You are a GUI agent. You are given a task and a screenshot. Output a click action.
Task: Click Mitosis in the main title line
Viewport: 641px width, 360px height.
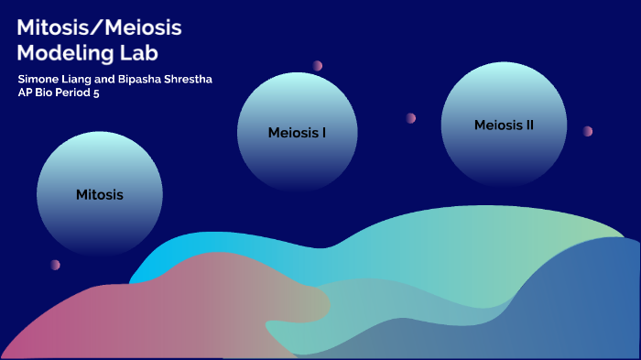57,27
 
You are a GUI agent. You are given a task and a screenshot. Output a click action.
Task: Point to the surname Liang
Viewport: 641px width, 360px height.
81,80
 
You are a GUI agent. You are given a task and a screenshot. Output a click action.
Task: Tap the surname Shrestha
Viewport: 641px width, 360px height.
190,80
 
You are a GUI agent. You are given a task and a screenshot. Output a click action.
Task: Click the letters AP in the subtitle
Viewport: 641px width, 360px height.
25,93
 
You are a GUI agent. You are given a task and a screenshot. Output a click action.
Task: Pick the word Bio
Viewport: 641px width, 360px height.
45,93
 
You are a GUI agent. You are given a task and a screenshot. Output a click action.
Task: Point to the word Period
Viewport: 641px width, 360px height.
74,93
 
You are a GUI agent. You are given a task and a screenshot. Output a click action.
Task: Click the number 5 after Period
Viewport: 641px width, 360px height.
96,93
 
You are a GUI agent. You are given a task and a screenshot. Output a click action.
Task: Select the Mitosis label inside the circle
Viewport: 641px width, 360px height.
100,194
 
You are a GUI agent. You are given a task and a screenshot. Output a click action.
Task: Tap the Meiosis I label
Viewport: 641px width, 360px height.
298,132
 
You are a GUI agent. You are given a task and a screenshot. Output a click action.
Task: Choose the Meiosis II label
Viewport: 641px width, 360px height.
504,125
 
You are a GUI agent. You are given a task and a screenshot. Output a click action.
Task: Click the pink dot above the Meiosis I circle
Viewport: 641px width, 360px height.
318,66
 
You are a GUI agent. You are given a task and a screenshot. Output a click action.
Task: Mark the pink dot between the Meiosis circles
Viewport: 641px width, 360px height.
411,118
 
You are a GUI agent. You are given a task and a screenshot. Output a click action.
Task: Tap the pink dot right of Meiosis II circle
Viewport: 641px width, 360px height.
588,131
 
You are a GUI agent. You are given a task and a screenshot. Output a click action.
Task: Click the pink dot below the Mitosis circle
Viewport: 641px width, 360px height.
55,265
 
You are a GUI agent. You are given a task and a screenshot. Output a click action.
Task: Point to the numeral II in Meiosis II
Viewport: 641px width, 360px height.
528,125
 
